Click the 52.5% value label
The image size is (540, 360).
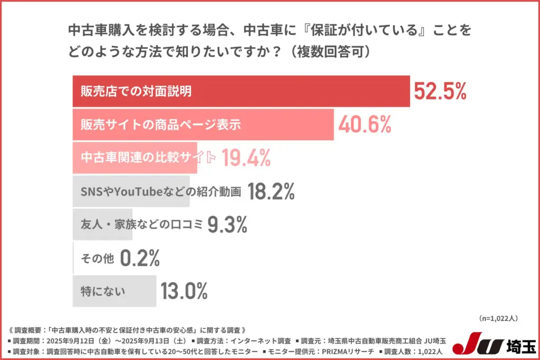click(x=440, y=92)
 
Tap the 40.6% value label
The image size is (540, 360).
click(x=364, y=124)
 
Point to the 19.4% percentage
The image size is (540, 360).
click(x=246, y=157)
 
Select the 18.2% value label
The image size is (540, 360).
click(x=271, y=191)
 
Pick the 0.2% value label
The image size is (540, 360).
click(x=140, y=258)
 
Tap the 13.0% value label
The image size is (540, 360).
click(x=184, y=291)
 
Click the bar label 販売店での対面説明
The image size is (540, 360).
click(x=136, y=92)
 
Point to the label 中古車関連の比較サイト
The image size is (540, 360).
click(x=148, y=158)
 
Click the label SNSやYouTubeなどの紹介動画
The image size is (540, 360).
click(x=160, y=191)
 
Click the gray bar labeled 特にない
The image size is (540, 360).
click(x=114, y=291)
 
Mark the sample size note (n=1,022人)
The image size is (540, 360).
click(x=498, y=318)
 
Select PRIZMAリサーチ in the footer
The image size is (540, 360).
click(x=349, y=351)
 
